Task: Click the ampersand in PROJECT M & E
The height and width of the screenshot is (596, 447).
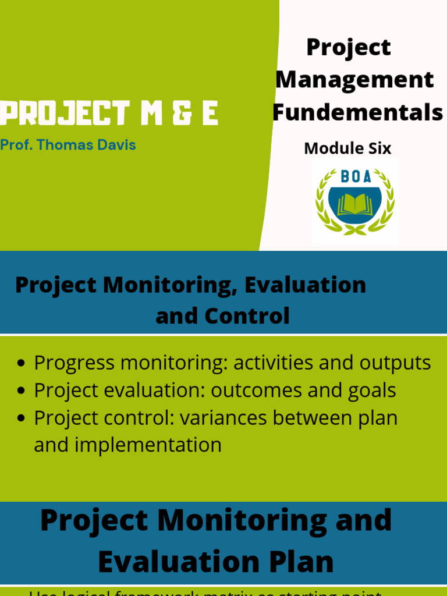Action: tap(179, 113)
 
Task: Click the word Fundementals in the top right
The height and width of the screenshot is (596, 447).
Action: tap(357, 113)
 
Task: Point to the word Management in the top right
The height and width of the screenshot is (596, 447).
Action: tap(354, 80)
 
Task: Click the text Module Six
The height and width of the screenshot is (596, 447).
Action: tap(347, 148)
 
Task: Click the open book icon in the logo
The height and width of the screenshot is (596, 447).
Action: tap(354, 204)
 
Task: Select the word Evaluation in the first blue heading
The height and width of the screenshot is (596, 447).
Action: tap(306, 285)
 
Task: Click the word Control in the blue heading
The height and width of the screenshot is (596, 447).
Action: tap(256, 315)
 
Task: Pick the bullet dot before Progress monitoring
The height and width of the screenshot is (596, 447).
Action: tap(22, 363)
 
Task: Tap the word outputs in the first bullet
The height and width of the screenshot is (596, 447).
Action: tap(395, 363)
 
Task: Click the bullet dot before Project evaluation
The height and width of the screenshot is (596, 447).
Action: tap(22, 391)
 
